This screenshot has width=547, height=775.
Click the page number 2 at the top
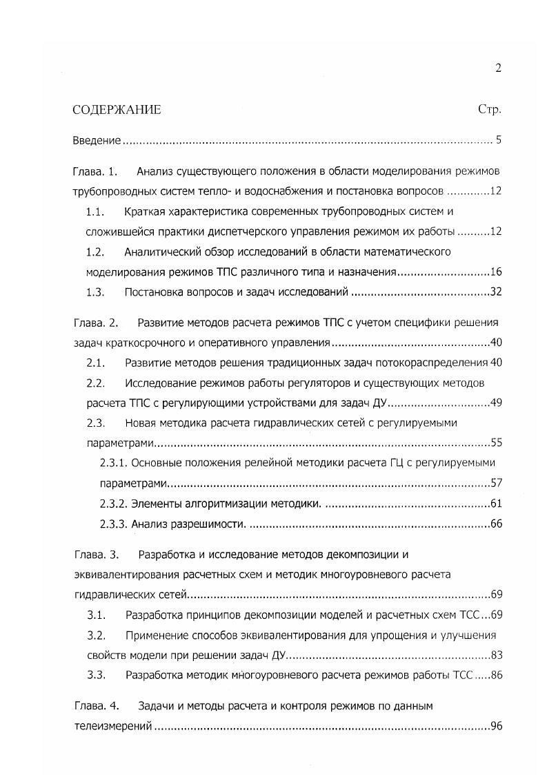(497, 68)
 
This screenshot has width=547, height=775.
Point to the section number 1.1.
(95, 211)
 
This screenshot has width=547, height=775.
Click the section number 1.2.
(95, 251)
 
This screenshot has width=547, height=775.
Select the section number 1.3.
(95, 292)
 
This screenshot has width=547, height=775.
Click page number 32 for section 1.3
(495, 292)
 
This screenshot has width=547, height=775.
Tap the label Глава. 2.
(96, 323)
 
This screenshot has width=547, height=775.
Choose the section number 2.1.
(95, 363)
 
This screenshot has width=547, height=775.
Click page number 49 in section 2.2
(495, 403)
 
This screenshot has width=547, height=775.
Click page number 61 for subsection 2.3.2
(495, 503)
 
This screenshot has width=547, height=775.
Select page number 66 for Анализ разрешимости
(495, 524)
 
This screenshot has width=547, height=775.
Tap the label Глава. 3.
(96, 554)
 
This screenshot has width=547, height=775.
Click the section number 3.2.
(95, 635)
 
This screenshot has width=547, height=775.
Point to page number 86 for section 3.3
(495, 675)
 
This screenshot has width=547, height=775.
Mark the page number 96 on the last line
(495, 727)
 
